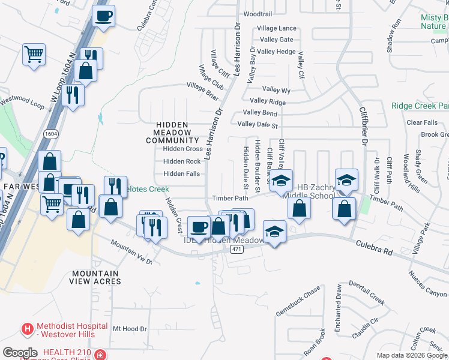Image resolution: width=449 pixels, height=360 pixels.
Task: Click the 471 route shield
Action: (237, 249)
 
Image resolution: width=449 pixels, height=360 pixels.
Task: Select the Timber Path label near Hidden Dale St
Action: (229, 199)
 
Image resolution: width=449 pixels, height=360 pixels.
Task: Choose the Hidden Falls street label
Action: (182, 174)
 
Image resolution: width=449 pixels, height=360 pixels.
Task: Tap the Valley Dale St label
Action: (258, 125)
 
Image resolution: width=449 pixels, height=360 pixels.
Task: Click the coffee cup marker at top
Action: (104, 16)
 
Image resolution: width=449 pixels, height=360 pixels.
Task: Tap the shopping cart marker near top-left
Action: (34, 54)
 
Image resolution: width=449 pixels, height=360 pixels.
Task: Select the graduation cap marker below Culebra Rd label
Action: (274, 232)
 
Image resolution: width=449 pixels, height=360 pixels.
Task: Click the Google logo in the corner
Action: (20, 353)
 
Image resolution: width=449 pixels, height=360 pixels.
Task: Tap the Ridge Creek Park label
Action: (420, 106)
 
